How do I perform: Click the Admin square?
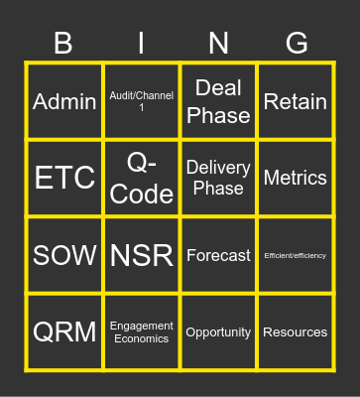[64, 101]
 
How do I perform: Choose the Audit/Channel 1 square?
[142, 101]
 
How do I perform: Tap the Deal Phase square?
[218, 101]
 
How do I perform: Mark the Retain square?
[296, 101]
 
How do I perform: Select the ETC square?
[64, 179]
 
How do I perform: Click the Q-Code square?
[142, 179]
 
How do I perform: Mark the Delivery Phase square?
[218, 179]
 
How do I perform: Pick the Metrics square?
[296, 179]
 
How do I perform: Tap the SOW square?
[64, 255]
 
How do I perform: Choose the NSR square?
[142, 255]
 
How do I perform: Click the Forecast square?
[218, 255]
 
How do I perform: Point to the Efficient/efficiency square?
[296, 255]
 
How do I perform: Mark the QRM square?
[64, 331]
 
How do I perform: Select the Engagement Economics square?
[142, 331]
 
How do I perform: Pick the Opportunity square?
[218, 331]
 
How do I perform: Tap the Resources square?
[296, 331]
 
